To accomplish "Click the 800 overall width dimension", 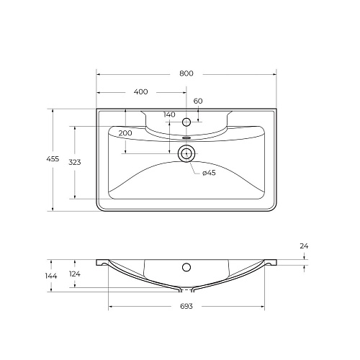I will [x=186, y=73].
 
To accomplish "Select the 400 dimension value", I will [x=140, y=92].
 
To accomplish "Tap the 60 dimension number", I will [x=198, y=101].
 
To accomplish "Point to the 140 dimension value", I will [x=169, y=114].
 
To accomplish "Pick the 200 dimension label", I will [x=125, y=134].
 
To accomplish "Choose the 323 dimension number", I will [x=74, y=163].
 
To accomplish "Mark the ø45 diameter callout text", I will [x=209, y=173].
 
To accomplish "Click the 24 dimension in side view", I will [x=304, y=247].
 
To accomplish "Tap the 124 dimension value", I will [x=74, y=273].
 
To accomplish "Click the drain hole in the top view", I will [x=186, y=153].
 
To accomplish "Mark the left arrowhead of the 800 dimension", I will [x=99, y=73].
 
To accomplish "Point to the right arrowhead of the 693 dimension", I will [x=265, y=307].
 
